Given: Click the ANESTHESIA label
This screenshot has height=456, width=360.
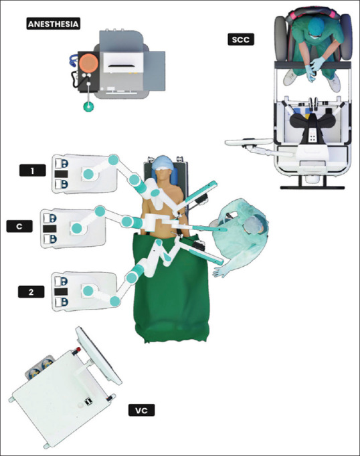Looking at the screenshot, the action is (x=54, y=24).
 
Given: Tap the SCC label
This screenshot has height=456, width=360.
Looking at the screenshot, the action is (x=241, y=39).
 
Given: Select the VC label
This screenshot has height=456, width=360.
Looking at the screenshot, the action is (x=141, y=411).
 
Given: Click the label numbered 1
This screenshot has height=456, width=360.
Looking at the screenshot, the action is (x=32, y=170).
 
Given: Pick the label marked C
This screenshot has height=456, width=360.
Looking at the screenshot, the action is (x=19, y=226).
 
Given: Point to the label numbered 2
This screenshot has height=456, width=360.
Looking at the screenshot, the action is (x=31, y=292).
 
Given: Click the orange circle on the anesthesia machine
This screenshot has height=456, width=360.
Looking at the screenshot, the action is (x=89, y=64).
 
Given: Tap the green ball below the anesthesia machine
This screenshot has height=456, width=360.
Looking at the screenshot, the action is (x=89, y=106).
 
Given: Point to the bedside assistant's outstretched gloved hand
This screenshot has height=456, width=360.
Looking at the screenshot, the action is (x=221, y=271).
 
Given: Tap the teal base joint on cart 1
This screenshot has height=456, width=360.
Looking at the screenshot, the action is (x=88, y=174).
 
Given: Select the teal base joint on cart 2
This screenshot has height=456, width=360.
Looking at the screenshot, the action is (x=88, y=291).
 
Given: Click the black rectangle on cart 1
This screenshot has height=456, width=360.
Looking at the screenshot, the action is (x=61, y=174).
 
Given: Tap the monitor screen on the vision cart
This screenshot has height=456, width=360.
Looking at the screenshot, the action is (x=99, y=356).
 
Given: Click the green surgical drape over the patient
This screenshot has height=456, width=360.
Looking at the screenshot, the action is (x=172, y=288).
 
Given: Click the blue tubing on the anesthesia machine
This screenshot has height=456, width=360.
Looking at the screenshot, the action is (x=73, y=60).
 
